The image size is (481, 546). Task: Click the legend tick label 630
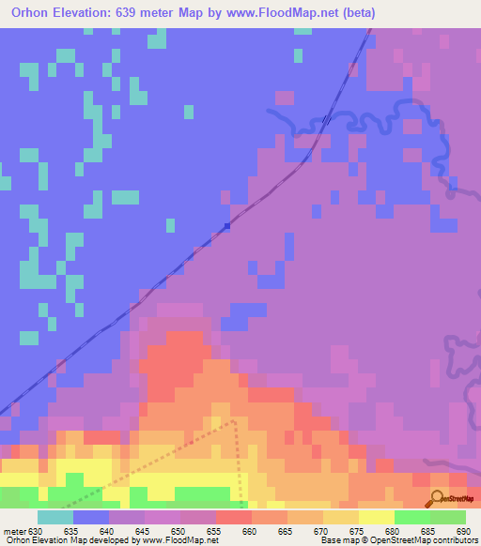(x=36, y=531)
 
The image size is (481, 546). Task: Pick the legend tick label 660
(x=250, y=531)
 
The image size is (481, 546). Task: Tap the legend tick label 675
(x=356, y=531)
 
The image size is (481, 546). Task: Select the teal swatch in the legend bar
(x=55, y=517)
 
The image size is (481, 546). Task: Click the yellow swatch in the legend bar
(x=376, y=517)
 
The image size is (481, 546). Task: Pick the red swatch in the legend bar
(x=234, y=517)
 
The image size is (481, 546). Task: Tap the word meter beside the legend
(x=12, y=531)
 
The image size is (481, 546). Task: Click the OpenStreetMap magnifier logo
(x=439, y=498)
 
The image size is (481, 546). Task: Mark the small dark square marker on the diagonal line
(x=227, y=225)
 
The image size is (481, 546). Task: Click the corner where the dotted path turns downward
(x=234, y=421)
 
